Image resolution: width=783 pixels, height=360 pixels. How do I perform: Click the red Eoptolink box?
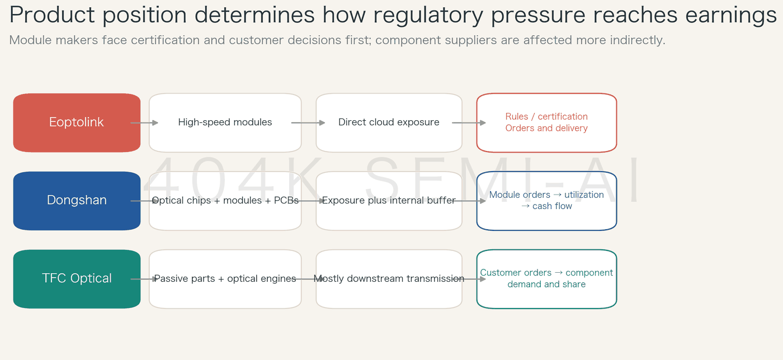pyautogui.click(x=77, y=122)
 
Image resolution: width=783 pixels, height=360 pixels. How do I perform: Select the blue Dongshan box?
pyautogui.click(x=77, y=201)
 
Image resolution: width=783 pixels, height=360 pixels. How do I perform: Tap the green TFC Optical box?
pyautogui.click(x=77, y=279)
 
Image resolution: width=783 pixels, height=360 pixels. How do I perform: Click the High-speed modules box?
pyautogui.click(x=225, y=122)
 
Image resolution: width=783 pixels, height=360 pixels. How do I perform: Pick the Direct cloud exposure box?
pyautogui.click(x=389, y=122)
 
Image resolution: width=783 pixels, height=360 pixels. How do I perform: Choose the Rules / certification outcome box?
pyautogui.click(x=547, y=122)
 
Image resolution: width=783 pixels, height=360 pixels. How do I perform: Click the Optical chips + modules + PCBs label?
pyautogui.click(x=225, y=200)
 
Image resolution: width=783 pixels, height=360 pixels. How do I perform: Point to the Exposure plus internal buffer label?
pyautogui.click(x=389, y=200)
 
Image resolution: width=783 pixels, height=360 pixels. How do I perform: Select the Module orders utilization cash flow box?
pyautogui.click(x=547, y=201)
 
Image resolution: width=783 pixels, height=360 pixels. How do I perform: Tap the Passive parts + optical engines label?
pyautogui.click(x=225, y=278)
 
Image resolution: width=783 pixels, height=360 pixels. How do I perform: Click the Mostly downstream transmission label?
pyautogui.click(x=389, y=278)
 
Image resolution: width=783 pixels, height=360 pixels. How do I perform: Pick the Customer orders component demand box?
pyautogui.click(x=547, y=279)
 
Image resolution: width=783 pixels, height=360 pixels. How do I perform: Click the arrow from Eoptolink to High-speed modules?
pyautogui.click(x=144, y=122)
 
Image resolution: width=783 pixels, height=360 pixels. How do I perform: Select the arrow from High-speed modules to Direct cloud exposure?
pyautogui.click(x=308, y=122)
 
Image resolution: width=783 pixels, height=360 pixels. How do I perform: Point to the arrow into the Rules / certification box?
pyautogui.click(x=469, y=122)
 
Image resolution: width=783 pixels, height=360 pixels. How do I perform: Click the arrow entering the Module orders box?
pyautogui.click(x=469, y=201)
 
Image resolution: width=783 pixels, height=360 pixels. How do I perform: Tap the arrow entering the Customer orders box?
pyautogui.click(x=469, y=279)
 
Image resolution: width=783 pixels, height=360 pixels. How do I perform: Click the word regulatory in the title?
pyautogui.click(x=428, y=16)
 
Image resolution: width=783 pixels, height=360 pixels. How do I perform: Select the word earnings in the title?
pyautogui.click(x=730, y=16)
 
